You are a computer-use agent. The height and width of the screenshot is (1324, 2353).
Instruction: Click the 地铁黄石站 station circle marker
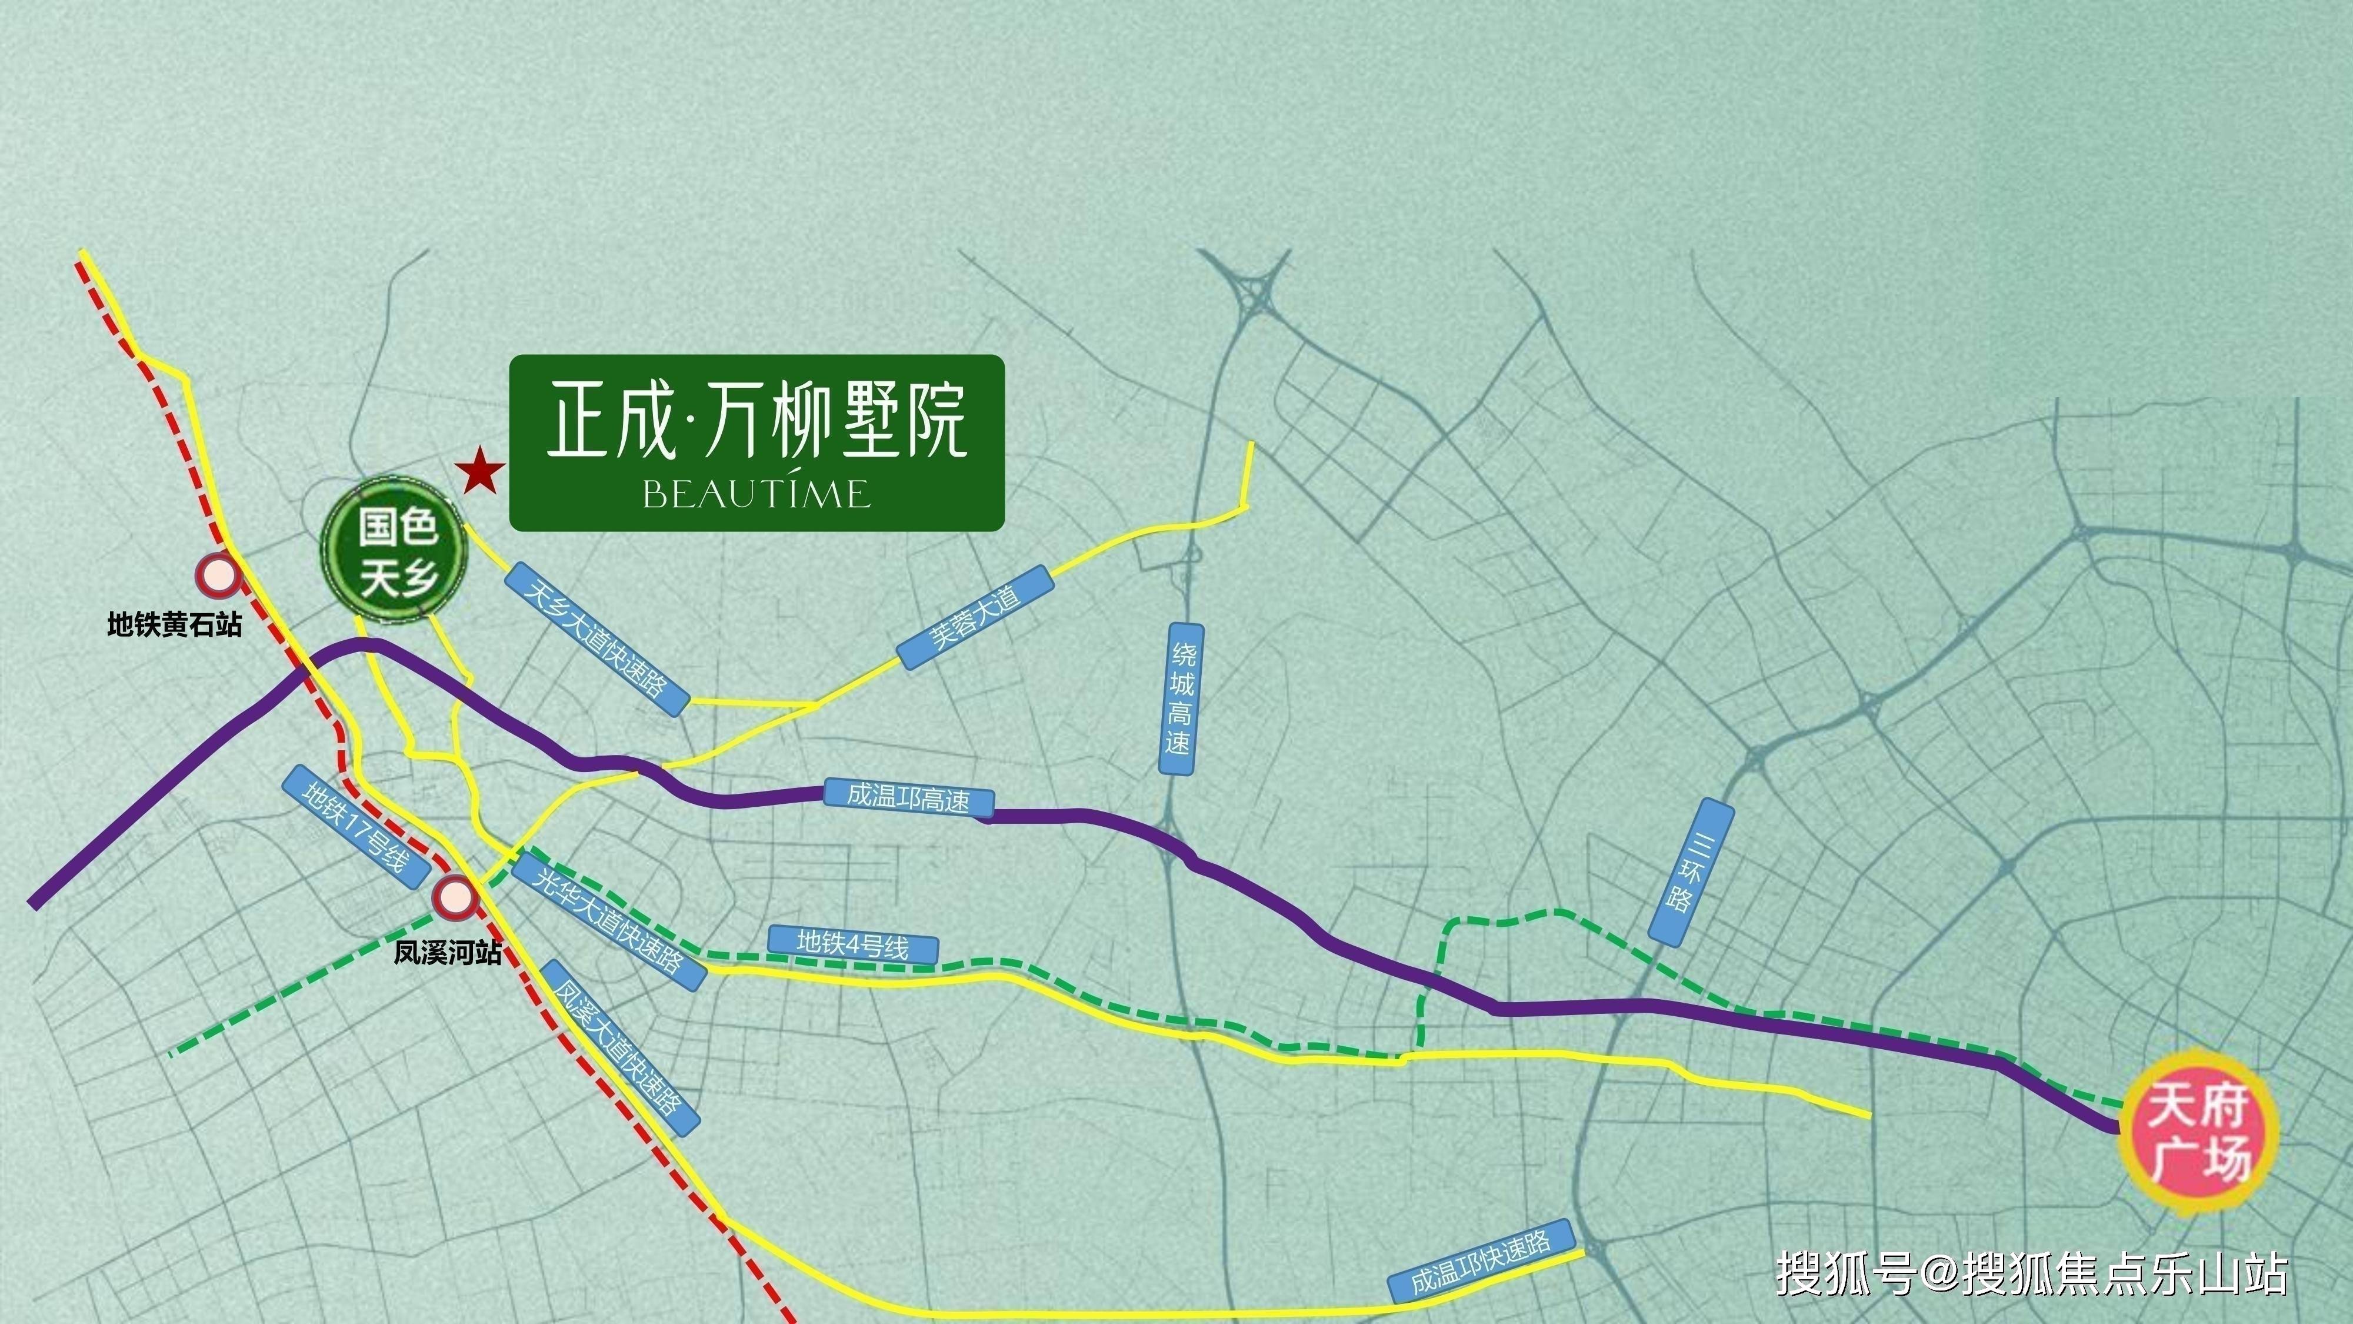point(218,575)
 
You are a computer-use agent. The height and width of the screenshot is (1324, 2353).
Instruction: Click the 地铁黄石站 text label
point(175,626)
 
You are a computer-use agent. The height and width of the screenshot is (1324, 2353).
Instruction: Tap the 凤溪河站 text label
point(448,954)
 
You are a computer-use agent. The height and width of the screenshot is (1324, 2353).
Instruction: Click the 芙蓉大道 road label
point(974,617)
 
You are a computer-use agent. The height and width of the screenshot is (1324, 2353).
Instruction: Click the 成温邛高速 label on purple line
point(908,798)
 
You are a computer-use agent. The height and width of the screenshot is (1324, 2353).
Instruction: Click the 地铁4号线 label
point(853,944)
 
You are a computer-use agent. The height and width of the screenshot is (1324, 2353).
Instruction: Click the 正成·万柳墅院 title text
point(756,421)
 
